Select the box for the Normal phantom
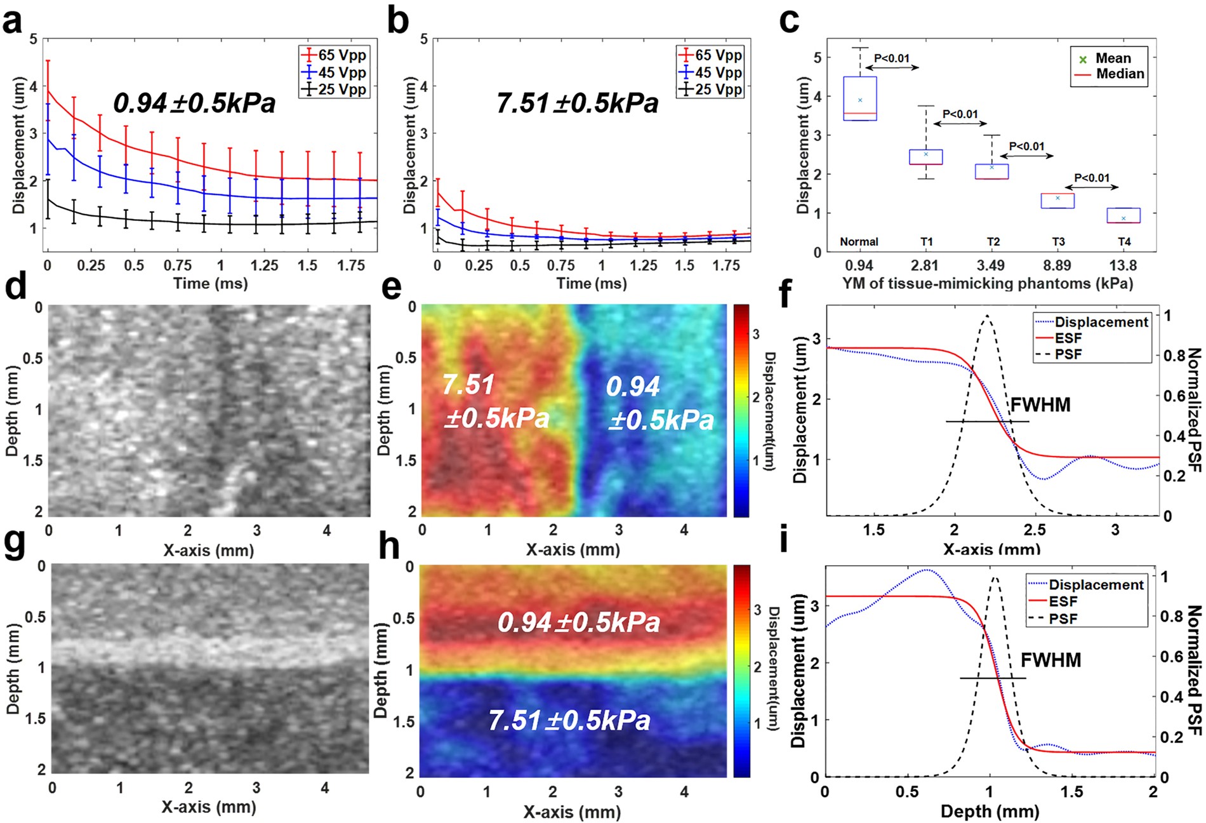tap(860, 98)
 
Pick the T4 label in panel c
tap(1123, 242)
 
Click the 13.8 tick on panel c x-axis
tap(1122, 265)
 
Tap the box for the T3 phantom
tap(1057, 201)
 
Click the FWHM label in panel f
tap(1040, 405)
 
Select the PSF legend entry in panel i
tap(1063, 618)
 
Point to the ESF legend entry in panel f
tap(1068, 338)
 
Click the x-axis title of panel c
tap(987, 283)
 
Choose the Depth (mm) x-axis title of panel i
tap(990, 811)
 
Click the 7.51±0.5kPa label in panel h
tap(569, 721)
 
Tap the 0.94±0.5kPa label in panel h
tap(579, 622)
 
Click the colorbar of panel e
tap(741, 410)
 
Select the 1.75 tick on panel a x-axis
tap(350, 265)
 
